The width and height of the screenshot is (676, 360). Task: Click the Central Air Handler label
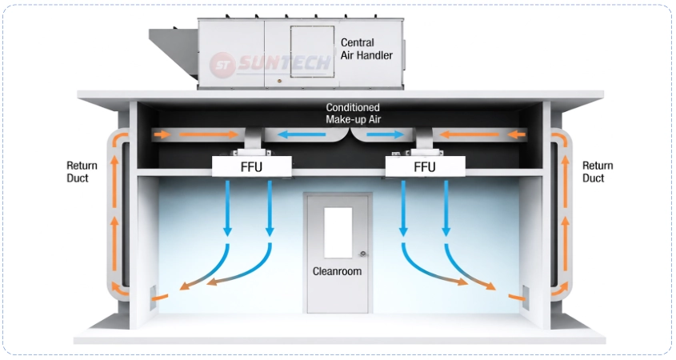tap(366, 49)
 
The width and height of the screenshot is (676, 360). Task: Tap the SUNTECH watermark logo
tap(270, 64)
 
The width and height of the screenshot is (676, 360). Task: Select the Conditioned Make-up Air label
tap(353, 114)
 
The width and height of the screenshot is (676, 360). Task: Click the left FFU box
tap(252, 166)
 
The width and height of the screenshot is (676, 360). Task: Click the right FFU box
tap(425, 166)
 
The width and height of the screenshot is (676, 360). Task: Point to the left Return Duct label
tap(82, 171)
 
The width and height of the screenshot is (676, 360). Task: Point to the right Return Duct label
tap(598, 171)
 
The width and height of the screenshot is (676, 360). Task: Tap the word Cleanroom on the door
tap(337, 271)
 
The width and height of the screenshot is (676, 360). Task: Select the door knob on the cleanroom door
tap(363, 254)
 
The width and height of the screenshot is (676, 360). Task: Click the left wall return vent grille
tap(153, 298)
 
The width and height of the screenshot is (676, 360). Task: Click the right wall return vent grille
tap(526, 298)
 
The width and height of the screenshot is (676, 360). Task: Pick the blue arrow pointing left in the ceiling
tap(301, 134)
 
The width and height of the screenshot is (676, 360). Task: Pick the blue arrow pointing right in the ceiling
tap(385, 134)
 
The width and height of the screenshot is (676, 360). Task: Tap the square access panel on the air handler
tap(312, 51)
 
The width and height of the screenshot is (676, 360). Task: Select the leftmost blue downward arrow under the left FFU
tap(228, 208)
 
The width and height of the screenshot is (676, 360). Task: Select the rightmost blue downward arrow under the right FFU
tap(446, 208)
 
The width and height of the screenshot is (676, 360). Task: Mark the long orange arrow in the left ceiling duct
tap(209, 134)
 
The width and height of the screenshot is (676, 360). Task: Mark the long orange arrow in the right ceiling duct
tap(469, 134)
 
